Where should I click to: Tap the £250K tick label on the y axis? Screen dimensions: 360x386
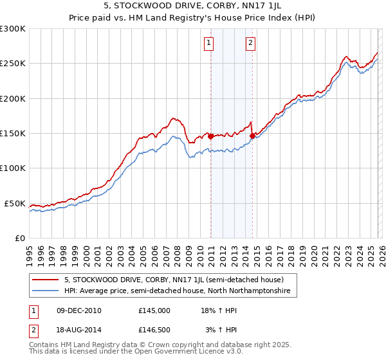point(13,64)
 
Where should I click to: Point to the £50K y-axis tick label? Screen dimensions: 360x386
point(15,203)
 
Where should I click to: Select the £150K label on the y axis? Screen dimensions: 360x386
point(13,134)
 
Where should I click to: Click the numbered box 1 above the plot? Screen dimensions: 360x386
point(209,44)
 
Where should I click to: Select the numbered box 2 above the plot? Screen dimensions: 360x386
point(250,44)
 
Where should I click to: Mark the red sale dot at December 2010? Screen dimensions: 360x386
point(210,136)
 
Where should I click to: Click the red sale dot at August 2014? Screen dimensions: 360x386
point(252,135)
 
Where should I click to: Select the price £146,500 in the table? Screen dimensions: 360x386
point(154,330)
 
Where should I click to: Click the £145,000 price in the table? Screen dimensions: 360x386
point(154,310)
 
